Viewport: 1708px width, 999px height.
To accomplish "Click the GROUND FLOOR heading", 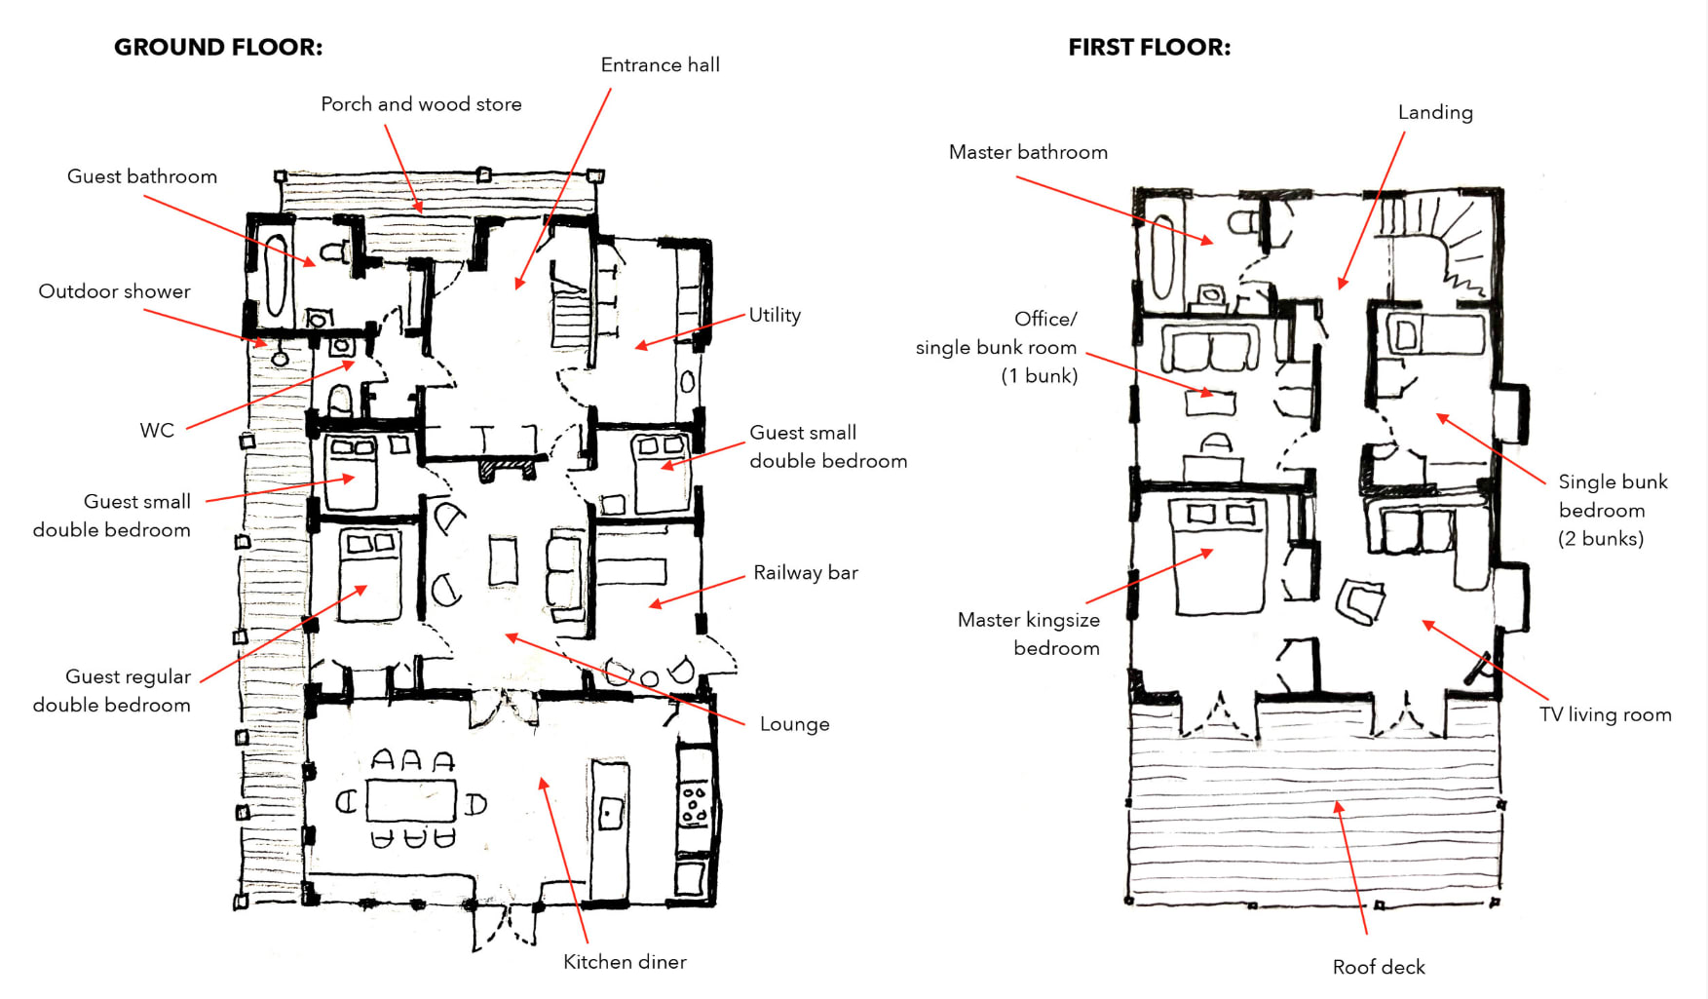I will (x=217, y=47).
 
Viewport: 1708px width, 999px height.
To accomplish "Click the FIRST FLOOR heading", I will (x=1149, y=47).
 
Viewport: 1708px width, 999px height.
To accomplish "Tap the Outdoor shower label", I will (x=114, y=291).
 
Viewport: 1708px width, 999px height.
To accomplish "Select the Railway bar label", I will (x=805, y=573).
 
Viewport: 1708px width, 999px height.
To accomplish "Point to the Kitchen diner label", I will (x=625, y=962).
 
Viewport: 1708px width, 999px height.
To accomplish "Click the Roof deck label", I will (x=1378, y=967).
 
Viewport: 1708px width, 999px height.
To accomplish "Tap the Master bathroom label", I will (x=1028, y=152).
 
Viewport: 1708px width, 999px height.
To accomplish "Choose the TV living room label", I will (x=1605, y=714).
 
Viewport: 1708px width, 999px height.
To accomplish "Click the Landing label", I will (x=1434, y=112).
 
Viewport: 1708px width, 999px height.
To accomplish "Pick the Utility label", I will (x=775, y=315).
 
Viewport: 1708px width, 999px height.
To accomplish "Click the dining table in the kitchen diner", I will (x=411, y=800).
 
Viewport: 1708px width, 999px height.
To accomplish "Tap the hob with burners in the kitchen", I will (x=694, y=805).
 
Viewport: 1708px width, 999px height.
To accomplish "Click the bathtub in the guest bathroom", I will (x=277, y=276).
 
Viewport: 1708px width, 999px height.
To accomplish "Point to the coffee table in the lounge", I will (x=503, y=561).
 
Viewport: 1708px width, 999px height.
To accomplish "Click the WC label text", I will (x=157, y=431).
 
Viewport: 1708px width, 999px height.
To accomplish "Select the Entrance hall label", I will (x=660, y=65).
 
